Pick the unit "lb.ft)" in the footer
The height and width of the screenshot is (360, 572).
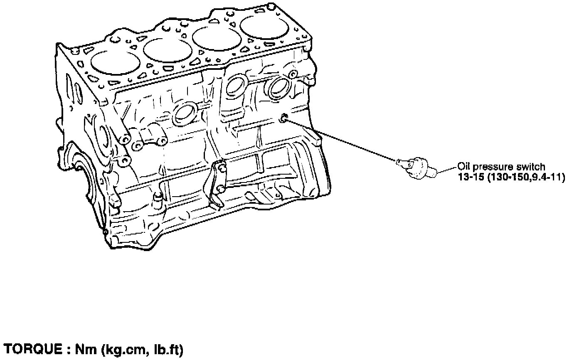[166, 350]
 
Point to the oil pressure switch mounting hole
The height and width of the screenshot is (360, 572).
[284, 119]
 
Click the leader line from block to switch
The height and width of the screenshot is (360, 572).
[341, 140]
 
